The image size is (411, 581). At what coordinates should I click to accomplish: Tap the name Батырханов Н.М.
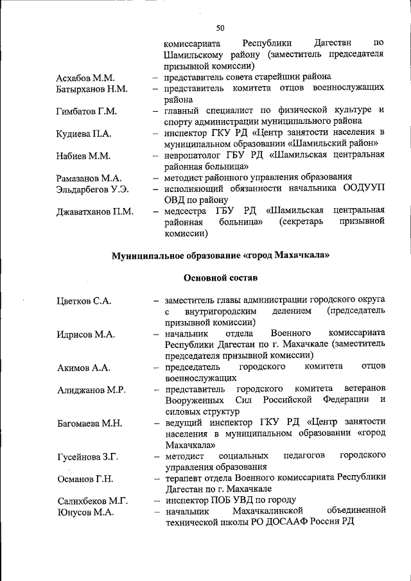[x=92, y=88]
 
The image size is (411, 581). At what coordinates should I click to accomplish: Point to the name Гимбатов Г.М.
[x=86, y=111]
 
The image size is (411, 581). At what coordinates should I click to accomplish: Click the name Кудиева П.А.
[x=83, y=133]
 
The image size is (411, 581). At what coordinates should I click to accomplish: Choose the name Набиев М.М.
[x=83, y=155]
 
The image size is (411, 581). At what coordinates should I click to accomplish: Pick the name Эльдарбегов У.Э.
[x=92, y=189]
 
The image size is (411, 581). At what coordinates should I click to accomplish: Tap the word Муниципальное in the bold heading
[x=146, y=256]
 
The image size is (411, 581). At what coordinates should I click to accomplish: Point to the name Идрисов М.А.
[x=85, y=334]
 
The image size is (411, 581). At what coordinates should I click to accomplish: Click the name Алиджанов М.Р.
[x=91, y=390]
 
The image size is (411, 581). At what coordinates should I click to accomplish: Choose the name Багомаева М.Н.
[x=89, y=424]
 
